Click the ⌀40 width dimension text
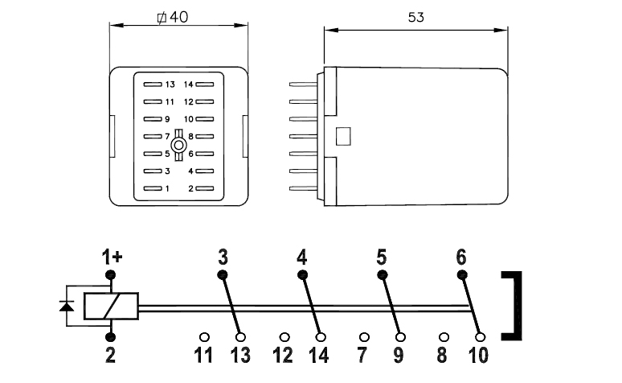click(x=173, y=17)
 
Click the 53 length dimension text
click(x=416, y=18)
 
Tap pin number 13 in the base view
click(x=170, y=84)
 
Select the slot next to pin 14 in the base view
click(x=205, y=84)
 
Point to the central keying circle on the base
click(x=178, y=145)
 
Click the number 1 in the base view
click(x=167, y=189)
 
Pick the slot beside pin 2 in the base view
click(x=205, y=188)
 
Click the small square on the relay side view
click(x=343, y=136)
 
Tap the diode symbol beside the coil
click(x=66, y=306)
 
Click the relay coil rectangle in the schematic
click(x=111, y=306)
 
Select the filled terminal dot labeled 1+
click(x=110, y=274)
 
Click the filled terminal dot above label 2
click(x=110, y=337)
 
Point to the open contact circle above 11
click(x=204, y=337)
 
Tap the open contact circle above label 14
click(x=321, y=337)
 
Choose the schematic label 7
click(x=362, y=355)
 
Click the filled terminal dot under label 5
click(x=382, y=274)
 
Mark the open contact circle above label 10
click(x=480, y=337)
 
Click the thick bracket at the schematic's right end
click(x=518, y=306)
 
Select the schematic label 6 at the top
click(x=461, y=257)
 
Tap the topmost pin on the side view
click(x=304, y=84)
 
